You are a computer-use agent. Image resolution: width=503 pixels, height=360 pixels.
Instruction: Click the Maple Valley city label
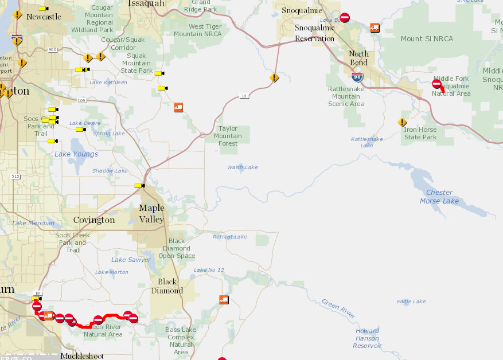coord(151,213)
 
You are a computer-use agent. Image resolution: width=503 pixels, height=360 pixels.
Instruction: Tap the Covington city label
coord(94,220)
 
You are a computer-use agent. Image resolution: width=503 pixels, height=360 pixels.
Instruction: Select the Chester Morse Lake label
coord(439,197)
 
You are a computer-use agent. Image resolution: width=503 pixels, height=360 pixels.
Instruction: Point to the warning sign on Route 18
coord(275,77)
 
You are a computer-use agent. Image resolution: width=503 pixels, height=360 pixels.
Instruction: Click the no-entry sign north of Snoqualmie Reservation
coord(345,18)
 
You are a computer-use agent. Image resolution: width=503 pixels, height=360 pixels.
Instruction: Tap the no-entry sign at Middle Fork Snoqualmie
coord(436,84)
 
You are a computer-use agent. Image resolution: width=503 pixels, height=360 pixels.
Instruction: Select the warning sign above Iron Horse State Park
coord(403,122)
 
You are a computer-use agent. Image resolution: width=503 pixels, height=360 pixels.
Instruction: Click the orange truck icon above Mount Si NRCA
coord(375,28)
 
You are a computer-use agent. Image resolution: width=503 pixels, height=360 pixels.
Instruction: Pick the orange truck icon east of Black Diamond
coord(224,300)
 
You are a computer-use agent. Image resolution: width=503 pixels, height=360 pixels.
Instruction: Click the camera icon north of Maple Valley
coord(139,185)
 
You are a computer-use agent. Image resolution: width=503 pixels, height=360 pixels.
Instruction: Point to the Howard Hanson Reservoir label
coord(367,338)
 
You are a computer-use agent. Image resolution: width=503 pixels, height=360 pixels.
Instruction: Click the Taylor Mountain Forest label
coord(228,136)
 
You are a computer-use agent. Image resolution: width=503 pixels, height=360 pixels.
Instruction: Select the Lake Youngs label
coord(76,154)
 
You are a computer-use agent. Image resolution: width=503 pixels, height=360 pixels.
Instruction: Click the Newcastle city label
coord(44,17)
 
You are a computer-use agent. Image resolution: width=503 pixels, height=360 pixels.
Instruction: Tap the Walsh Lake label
coord(242,167)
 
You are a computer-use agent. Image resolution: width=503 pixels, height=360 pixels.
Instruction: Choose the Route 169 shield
coord(81,100)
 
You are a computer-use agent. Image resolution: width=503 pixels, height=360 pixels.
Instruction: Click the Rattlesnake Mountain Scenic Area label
coord(346,96)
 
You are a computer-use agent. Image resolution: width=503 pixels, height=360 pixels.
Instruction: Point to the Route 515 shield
coord(15,176)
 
